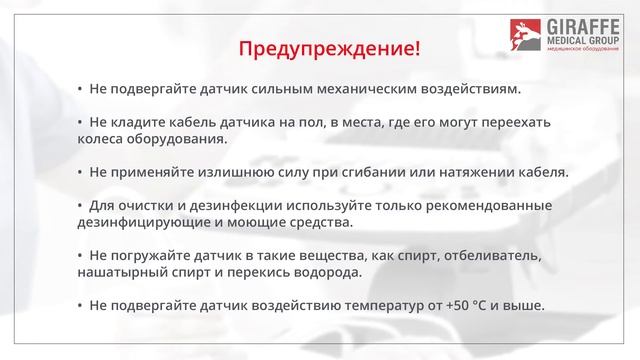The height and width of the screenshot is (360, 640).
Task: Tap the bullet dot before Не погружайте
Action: pos(80,255)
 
